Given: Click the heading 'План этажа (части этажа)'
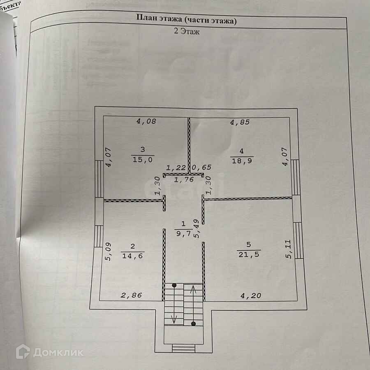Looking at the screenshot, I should coord(186,19).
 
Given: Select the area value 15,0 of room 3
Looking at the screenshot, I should coord(142,160).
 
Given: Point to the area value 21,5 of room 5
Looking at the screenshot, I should coord(249,254).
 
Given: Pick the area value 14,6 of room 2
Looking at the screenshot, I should coord(132,256).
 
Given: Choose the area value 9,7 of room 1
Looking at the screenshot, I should coord(183,233).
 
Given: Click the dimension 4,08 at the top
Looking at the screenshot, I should coord(146,121).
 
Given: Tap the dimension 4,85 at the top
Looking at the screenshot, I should coord(240,122).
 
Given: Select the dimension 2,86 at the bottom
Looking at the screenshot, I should coord(131,295).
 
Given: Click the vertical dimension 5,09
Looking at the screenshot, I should coord(108,252).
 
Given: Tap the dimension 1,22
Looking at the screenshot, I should coord(176,168).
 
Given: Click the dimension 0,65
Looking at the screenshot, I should coord(201,168).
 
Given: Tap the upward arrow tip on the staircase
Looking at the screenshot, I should coord(193,288).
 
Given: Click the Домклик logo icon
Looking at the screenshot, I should coord(23,352).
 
